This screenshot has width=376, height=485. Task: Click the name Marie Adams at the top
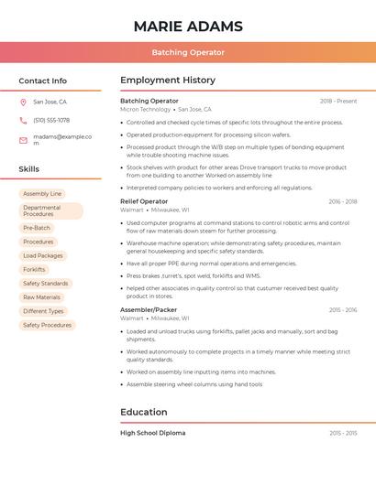pyautogui.click(x=188, y=26)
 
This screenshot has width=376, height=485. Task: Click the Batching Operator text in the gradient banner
pyautogui.click(x=188, y=52)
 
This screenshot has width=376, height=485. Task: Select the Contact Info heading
pyautogui.click(x=43, y=81)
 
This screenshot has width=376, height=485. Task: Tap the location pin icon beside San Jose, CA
pyautogui.click(x=23, y=102)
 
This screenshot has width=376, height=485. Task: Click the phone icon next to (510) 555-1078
pyautogui.click(x=23, y=121)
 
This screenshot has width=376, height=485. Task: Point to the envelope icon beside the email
pyautogui.click(x=23, y=140)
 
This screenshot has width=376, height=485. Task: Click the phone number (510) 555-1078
pyautogui.click(x=51, y=121)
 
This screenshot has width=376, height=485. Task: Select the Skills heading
pyautogui.click(x=29, y=169)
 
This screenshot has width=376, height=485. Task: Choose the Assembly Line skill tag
pyautogui.click(x=42, y=194)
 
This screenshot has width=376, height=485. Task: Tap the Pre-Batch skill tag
pyautogui.click(x=37, y=228)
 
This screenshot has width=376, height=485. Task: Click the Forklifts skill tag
pyautogui.click(x=34, y=270)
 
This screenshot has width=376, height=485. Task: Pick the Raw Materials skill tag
pyautogui.click(x=41, y=297)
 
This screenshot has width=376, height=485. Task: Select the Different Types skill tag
pyautogui.click(x=43, y=311)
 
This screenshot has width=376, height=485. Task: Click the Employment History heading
pyautogui.click(x=168, y=81)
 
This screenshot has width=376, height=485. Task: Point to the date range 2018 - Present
pyautogui.click(x=338, y=101)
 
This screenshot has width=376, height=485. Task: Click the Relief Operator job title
pyautogui.click(x=144, y=201)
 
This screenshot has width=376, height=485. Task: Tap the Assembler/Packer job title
pyautogui.click(x=149, y=310)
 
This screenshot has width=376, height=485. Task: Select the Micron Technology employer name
pyautogui.click(x=145, y=109)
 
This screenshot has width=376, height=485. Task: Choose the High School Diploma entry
pyautogui.click(x=152, y=433)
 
